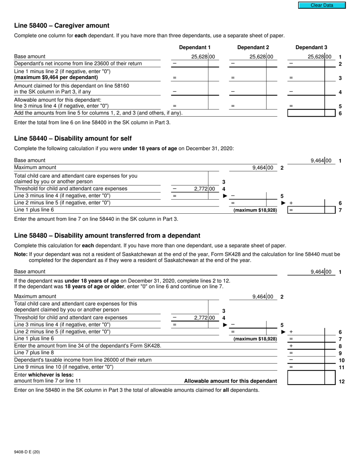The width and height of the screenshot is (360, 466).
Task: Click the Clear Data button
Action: click(322, 5)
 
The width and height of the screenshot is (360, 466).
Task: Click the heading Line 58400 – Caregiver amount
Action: click(62, 26)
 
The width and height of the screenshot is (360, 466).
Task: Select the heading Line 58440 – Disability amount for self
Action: click(73, 138)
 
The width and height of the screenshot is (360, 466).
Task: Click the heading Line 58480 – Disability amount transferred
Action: click(107, 236)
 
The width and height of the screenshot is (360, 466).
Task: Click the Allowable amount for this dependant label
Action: click(230, 381)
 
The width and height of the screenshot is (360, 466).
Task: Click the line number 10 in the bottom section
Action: click(341, 360)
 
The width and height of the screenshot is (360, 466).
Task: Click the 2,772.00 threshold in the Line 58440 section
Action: click(204, 189)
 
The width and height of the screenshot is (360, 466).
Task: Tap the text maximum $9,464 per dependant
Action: click(56, 77)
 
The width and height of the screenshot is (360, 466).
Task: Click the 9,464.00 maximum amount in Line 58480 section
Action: click(262, 297)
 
